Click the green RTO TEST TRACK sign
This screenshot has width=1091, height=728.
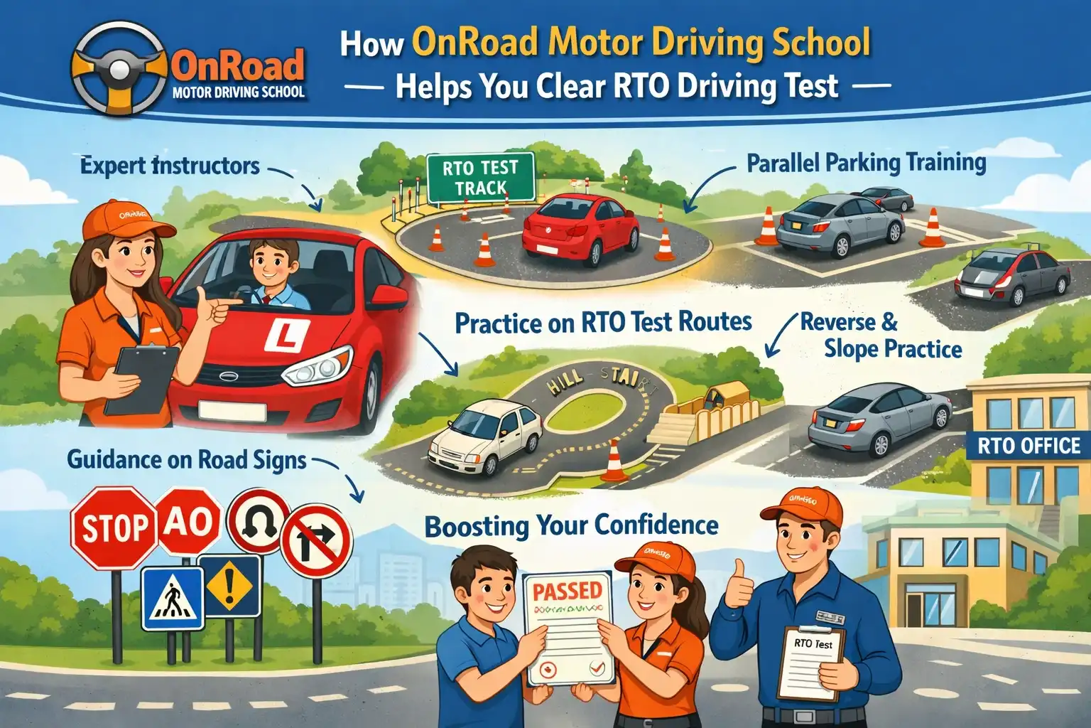(480, 178)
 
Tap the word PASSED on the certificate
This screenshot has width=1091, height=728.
(567, 590)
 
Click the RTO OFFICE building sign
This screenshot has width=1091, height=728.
(1028, 446)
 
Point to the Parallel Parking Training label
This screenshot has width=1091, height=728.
(866, 163)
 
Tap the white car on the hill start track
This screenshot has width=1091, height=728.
(484, 434)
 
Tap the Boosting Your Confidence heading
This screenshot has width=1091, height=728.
(571, 526)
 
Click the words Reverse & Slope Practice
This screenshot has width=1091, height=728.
(881, 336)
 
